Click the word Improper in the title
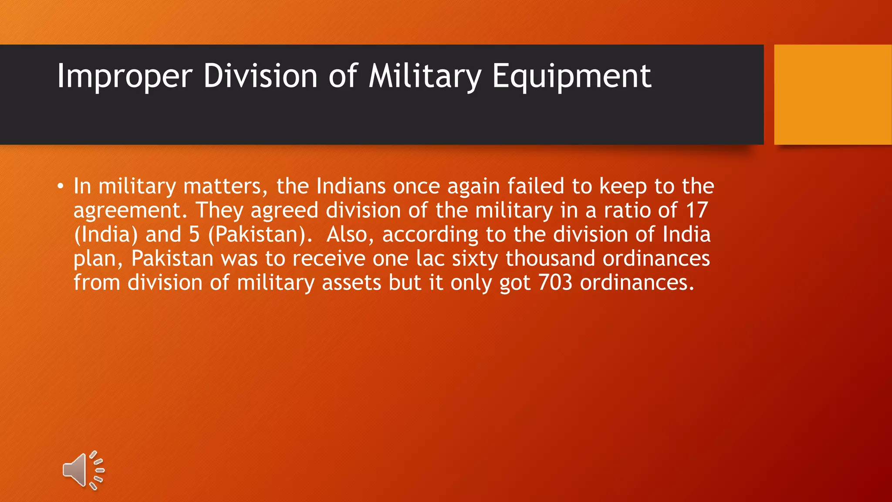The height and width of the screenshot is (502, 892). (124, 77)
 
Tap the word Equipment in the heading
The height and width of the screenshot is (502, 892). (571, 77)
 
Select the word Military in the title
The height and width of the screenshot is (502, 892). (425, 77)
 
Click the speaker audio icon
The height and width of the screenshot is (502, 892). (83, 470)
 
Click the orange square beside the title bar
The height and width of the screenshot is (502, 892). (833, 94)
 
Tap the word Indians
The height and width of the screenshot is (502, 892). (351, 187)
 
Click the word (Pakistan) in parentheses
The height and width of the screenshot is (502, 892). (260, 234)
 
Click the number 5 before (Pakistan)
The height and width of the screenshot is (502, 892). (194, 234)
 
